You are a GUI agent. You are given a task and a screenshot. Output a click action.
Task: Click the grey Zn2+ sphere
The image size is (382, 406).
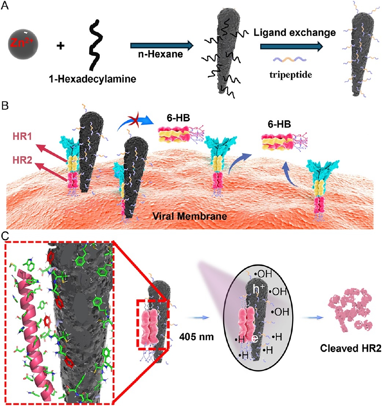click(x=23, y=44)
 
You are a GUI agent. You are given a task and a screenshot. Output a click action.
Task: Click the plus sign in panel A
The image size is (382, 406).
click(x=60, y=46)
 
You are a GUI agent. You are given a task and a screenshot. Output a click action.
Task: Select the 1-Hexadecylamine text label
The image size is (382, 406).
click(x=93, y=79)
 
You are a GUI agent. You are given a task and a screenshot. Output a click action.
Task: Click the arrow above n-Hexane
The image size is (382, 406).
click(x=162, y=46)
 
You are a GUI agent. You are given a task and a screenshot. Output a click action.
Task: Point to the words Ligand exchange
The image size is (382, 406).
click(x=295, y=33)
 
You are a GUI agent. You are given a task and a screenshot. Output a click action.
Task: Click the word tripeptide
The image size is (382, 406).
click(x=291, y=75)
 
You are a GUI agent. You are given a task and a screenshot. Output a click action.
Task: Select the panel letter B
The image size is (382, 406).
click(x=5, y=106)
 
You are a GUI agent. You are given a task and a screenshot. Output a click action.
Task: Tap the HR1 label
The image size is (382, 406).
click(x=22, y=136)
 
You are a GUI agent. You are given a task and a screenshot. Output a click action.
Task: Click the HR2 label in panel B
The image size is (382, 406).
click(x=22, y=160)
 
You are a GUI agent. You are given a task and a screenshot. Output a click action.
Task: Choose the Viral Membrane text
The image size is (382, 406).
click(x=190, y=216)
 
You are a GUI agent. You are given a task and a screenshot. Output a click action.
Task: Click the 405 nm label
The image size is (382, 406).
click(x=196, y=337)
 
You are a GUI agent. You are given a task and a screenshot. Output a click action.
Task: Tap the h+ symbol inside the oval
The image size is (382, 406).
click(x=257, y=289)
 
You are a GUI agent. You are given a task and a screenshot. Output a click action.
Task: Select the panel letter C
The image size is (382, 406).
click(x=5, y=236)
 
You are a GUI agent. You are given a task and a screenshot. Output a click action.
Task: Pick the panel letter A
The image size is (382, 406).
click(x=5, y=5)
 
